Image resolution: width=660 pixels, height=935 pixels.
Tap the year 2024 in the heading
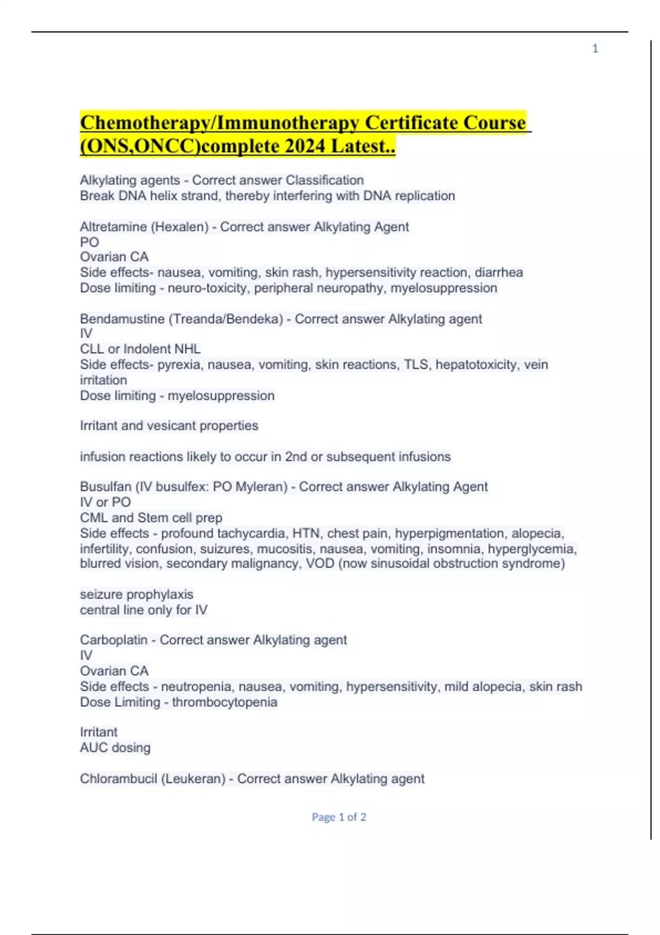[x=305, y=146]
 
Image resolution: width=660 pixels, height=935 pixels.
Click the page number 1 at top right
[x=595, y=49]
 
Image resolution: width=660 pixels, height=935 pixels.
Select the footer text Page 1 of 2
[x=339, y=817]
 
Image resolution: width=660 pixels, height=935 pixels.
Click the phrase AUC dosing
[x=115, y=748]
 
